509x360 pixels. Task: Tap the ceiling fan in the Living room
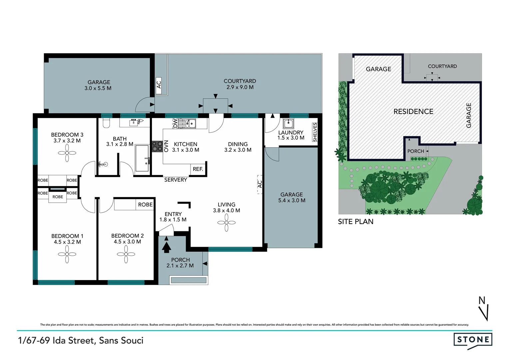227,222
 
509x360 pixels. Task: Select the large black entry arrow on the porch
167,247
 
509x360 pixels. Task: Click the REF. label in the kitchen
198,169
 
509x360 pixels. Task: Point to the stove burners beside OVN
157,147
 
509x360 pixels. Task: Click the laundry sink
288,124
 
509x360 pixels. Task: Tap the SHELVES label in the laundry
315,132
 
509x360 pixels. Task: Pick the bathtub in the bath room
142,158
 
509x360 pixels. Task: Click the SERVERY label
176,180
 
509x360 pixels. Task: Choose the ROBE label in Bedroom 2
145,205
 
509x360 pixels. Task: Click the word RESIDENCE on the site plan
413,112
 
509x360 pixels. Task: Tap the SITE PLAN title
355,222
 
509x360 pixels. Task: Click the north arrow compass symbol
484,309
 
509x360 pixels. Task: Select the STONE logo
473,340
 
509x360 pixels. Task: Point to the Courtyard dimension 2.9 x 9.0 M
240,87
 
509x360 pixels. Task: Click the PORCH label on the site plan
415,151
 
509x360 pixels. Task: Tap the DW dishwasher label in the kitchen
175,124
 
